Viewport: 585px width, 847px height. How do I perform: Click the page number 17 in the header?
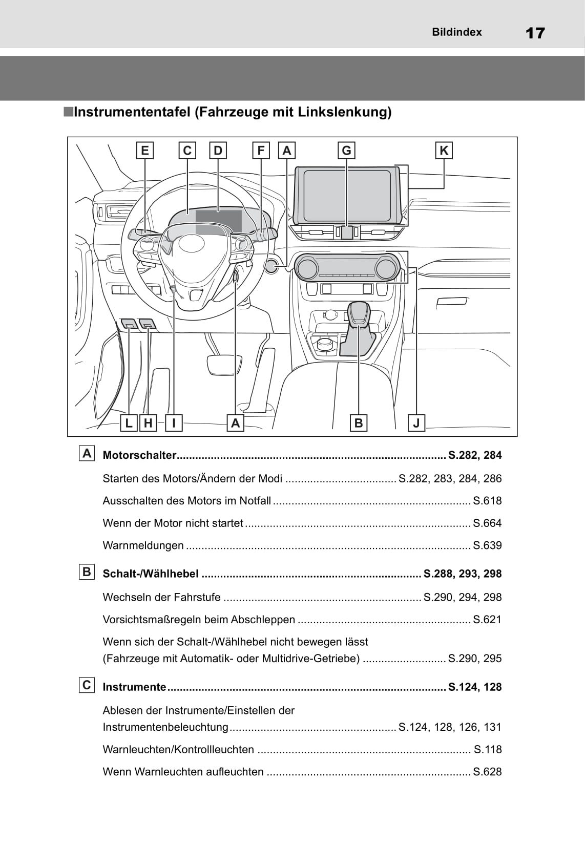coord(535,33)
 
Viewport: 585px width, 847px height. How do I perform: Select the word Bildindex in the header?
coord(456,32)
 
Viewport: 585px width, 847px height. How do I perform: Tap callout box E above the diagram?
coord(145,151)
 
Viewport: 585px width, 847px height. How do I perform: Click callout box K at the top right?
coord(444,151)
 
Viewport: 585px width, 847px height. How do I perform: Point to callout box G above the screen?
coord(346,151)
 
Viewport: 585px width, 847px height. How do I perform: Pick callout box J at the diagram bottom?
coord(416,423)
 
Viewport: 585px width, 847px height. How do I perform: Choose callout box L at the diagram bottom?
coord(129,423)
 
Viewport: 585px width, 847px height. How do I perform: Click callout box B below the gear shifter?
coord(358,423)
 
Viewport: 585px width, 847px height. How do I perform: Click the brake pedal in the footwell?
coord(224,364)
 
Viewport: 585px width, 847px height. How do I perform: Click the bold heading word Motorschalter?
coord(139,455)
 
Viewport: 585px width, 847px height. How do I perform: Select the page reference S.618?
coord(487,501)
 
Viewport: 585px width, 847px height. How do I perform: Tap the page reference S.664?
coord(487,523)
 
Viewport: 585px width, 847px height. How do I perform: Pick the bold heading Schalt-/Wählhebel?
coord(151,574)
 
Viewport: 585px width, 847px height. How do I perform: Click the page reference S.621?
coord(487,620)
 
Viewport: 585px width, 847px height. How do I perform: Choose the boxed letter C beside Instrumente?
coord(87,685)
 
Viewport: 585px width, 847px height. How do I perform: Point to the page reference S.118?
coord(488,750)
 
